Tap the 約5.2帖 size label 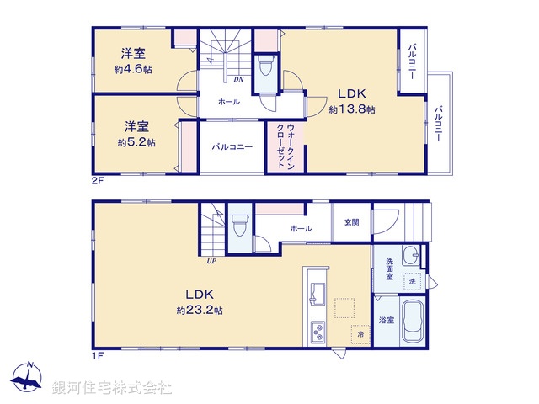136,143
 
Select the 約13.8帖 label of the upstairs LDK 352,110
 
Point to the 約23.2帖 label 200,311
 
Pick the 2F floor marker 98,180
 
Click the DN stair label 238,81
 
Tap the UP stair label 211,261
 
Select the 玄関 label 351,222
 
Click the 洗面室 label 390,269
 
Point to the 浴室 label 386,320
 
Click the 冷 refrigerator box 360,334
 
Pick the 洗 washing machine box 413,280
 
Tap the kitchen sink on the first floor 318,293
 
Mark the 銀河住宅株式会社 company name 112,388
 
